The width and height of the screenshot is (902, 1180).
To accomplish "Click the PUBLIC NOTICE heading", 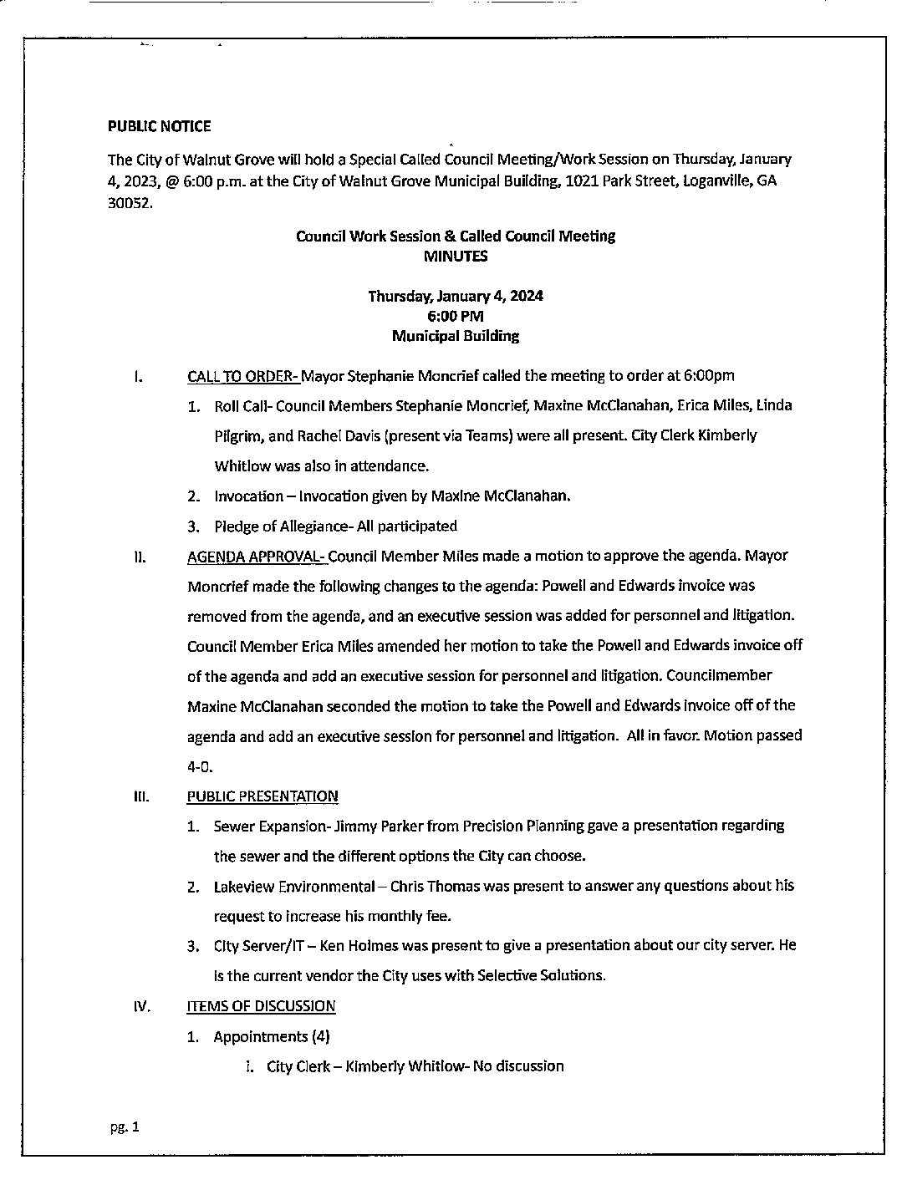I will [x=159, y=126].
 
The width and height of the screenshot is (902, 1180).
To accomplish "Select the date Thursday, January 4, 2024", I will [x=456, y=296].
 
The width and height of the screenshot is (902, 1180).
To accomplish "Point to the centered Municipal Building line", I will [x=456, y=336].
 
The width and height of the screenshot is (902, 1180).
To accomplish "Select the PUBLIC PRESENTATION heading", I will [x=262, y=796].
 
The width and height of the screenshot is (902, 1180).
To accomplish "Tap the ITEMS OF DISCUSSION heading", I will [x=261, y=1006].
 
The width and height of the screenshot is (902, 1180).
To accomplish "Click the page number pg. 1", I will [x=125, y=1127].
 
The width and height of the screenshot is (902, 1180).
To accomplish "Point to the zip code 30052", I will [x=130, y=201].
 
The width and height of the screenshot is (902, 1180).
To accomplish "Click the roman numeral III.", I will [x=140, y=796].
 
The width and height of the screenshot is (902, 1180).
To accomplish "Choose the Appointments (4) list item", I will [x=272, y=1037].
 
